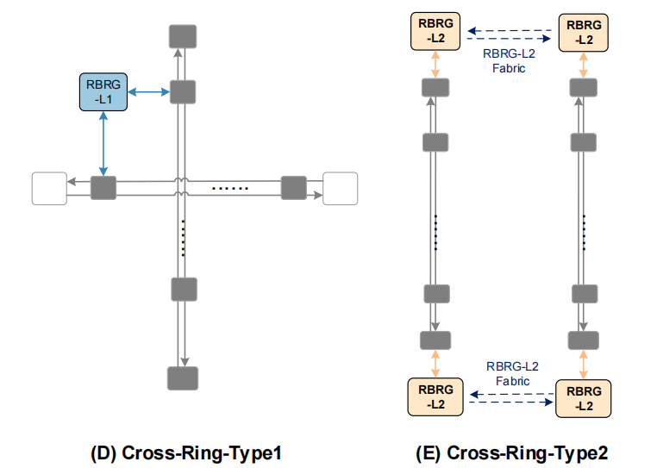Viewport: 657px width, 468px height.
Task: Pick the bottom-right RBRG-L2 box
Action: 584,398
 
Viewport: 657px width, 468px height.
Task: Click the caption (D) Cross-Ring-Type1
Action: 186,452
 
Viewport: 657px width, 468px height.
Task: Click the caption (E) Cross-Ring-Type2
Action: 517,452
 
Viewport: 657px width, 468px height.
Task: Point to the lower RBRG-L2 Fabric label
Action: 509,372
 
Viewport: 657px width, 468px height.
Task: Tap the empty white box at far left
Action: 48,188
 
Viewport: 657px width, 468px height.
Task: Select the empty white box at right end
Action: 340,188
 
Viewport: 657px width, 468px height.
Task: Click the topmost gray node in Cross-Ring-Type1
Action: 182,36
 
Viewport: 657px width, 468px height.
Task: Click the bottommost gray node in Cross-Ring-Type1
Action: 182,378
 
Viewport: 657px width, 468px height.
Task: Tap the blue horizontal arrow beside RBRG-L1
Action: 148,91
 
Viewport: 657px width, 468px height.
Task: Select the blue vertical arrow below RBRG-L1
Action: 103,144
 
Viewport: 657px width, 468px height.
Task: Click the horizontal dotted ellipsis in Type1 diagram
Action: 230,188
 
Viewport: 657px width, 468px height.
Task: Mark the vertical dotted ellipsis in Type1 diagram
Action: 183,238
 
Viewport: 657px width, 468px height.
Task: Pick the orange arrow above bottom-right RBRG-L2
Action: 584,363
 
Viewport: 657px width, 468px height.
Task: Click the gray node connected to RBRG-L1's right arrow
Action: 182,91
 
